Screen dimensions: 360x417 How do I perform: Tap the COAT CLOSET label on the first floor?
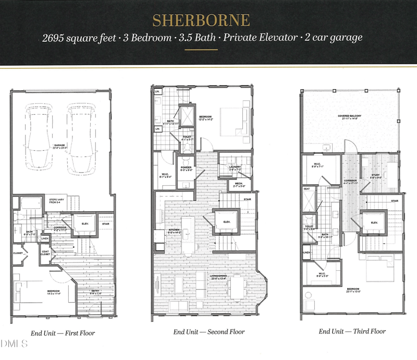(45, 254)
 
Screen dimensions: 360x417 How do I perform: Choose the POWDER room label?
(186, 168)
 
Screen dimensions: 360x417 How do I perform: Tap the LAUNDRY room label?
(234, 167)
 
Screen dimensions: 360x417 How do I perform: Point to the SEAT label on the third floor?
(306, 189)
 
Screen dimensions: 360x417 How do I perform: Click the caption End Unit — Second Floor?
(208, 332)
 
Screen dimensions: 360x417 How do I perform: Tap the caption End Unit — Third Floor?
(352, 331)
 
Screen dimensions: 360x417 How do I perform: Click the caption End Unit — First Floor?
(62, 332)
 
